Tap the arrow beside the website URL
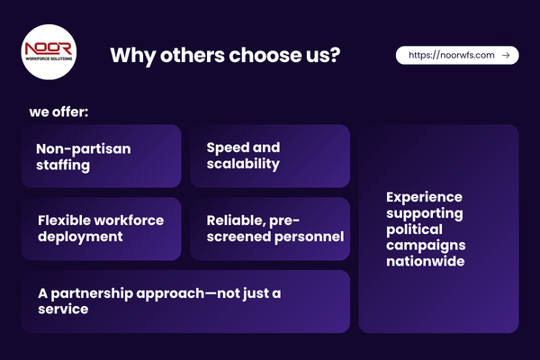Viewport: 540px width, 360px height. point(506,55)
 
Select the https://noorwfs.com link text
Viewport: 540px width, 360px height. point(452,55)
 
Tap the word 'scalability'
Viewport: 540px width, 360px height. point(242,164)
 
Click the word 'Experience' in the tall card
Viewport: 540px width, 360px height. point(424,196)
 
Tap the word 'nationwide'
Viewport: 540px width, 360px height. point(426,261)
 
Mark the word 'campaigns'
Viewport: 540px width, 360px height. point(425,245)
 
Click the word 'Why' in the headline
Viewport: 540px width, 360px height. point(127,55)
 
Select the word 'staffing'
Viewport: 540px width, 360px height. point(63,164)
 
